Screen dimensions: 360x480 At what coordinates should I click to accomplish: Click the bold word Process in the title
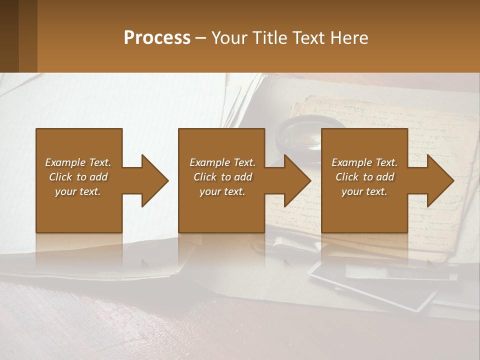[157, 38]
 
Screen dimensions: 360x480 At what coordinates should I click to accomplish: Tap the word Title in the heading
[269, 38]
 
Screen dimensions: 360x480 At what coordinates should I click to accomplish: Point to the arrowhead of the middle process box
[297, 180]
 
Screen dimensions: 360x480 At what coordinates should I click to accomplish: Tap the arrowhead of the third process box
[440, 180]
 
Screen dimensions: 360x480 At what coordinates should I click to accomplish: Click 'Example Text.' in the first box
[78, 162]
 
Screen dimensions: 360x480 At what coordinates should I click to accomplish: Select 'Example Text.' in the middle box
[222, 162]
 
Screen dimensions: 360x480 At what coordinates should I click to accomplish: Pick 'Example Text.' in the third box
[364, 162]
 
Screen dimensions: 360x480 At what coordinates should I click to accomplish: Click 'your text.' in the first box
[78, 191]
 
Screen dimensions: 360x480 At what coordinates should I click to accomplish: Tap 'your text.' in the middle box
[222, 191]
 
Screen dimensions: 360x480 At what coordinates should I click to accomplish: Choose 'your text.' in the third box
[364, 191]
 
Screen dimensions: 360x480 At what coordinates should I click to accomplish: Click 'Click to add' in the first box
[78, 177]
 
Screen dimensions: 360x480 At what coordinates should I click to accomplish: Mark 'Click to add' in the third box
[365, 177]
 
